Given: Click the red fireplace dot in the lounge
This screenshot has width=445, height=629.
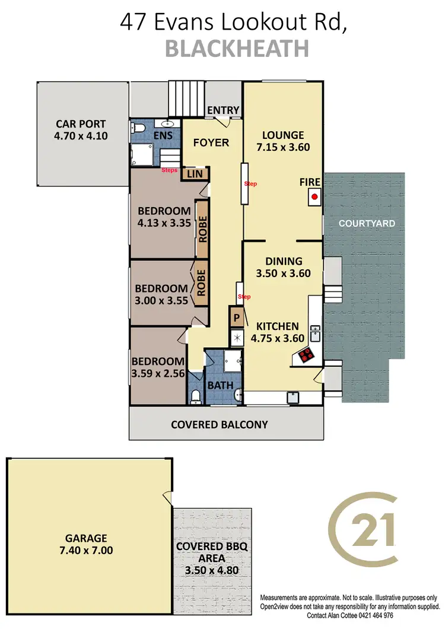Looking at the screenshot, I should tap(315, 197).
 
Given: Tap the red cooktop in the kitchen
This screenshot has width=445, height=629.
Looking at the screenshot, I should tap(307, 355).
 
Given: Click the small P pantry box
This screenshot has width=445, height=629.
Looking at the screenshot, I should tap(236, 318).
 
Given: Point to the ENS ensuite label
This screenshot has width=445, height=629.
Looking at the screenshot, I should tap(164, 136).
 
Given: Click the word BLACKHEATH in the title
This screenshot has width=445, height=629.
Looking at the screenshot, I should tap(237, 49).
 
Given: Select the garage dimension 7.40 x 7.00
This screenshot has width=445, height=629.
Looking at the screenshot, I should tap(87, 550).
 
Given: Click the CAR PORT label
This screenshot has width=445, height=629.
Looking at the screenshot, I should tap(81, 124).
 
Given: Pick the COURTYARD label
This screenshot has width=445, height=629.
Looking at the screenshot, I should tap(367, 223).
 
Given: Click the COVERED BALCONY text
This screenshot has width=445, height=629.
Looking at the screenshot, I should tap(220, 424).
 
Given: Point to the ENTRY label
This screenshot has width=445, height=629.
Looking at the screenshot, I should tap(223, 110).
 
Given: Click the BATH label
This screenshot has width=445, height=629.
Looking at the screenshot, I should tap(220, 385).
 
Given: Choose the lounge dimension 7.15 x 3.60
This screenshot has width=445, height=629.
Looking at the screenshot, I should tap(283, 148).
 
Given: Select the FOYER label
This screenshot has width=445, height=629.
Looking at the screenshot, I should tap(211, 142).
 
